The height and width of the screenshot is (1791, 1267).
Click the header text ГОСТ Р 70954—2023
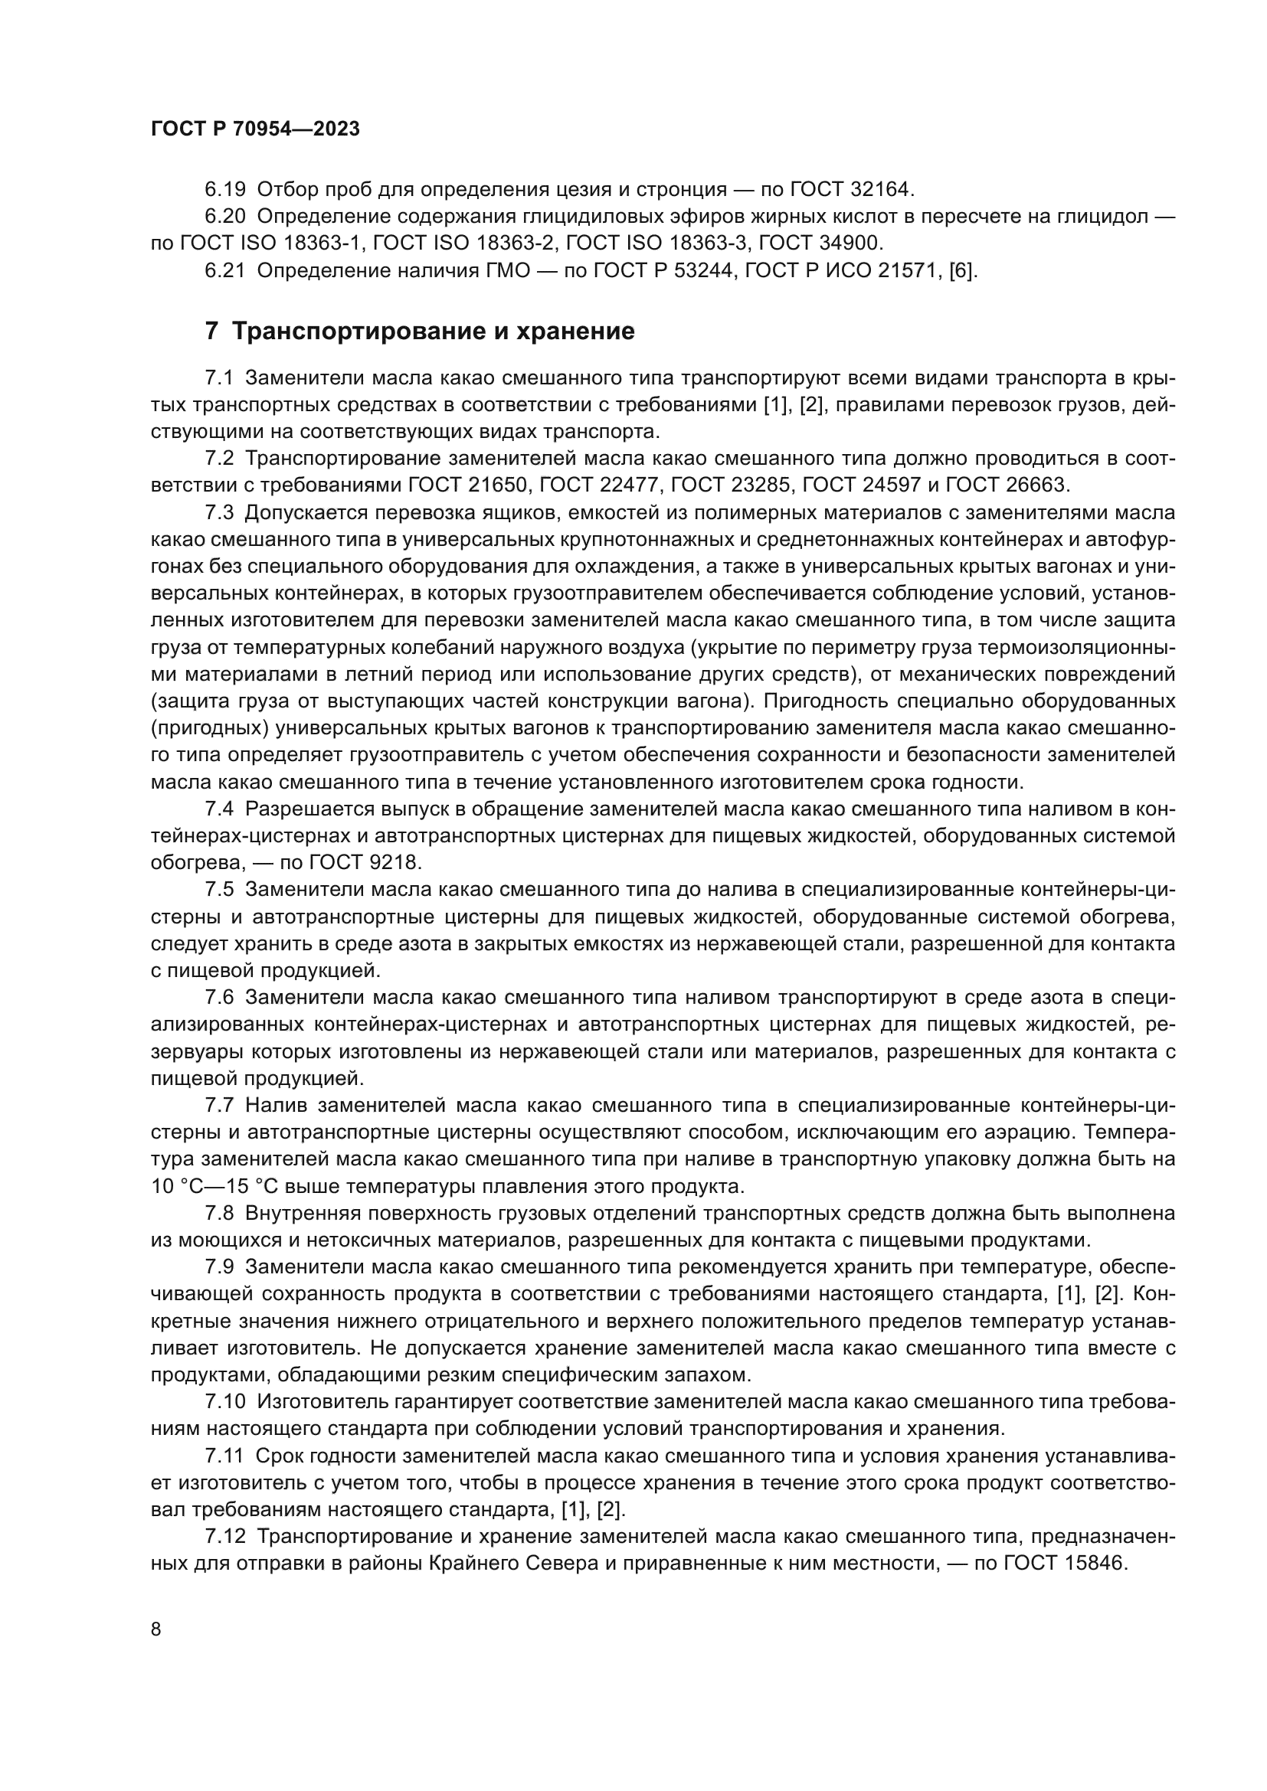pyautogui.click(x=255, y=129)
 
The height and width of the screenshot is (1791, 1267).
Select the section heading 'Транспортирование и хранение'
pyautogui.click(x=433, y=331)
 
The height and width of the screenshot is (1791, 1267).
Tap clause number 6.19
pyautogui.click(x=224, y=189)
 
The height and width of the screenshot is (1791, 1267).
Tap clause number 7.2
pyautogui.click(x=218, y=458)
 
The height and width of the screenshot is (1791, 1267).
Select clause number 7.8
pyautogui.click(x=218, y=1214)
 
